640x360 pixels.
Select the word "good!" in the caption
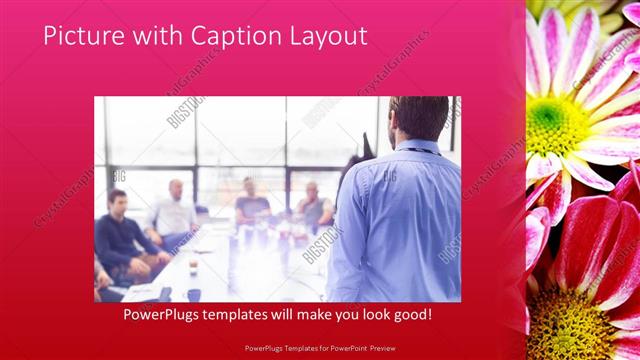[x=412, y=314]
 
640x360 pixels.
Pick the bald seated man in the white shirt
[x=175, y=210]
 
